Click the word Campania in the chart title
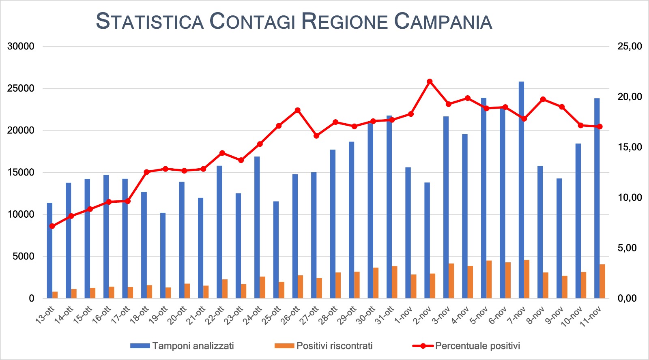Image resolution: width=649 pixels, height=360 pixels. click(443, 21)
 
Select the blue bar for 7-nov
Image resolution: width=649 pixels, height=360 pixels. click(521, 191)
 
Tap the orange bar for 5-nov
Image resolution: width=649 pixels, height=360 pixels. click(489, 280)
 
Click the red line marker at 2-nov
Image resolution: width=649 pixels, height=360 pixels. click(430, 81)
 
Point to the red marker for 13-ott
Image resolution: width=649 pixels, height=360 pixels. click(52, 226)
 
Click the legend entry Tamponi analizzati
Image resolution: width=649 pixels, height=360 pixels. click(193, 346)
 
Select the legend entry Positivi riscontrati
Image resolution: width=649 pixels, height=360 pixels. click(334, 346)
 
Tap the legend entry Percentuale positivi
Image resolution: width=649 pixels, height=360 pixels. click(477, 346)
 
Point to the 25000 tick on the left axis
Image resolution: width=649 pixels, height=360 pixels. click(21, 88)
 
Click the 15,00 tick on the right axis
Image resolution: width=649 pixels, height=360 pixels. click(630, 147)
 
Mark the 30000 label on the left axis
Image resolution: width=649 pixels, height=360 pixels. click(21, 46)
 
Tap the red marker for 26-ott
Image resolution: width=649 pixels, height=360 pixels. click(297, 110)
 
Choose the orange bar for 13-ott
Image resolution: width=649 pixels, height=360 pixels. click(55, 295)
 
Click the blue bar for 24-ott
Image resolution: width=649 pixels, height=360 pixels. click(257, 227)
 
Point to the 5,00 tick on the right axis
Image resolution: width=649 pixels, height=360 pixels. click(630, 248)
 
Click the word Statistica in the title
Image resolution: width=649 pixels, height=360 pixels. click(150, 21)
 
